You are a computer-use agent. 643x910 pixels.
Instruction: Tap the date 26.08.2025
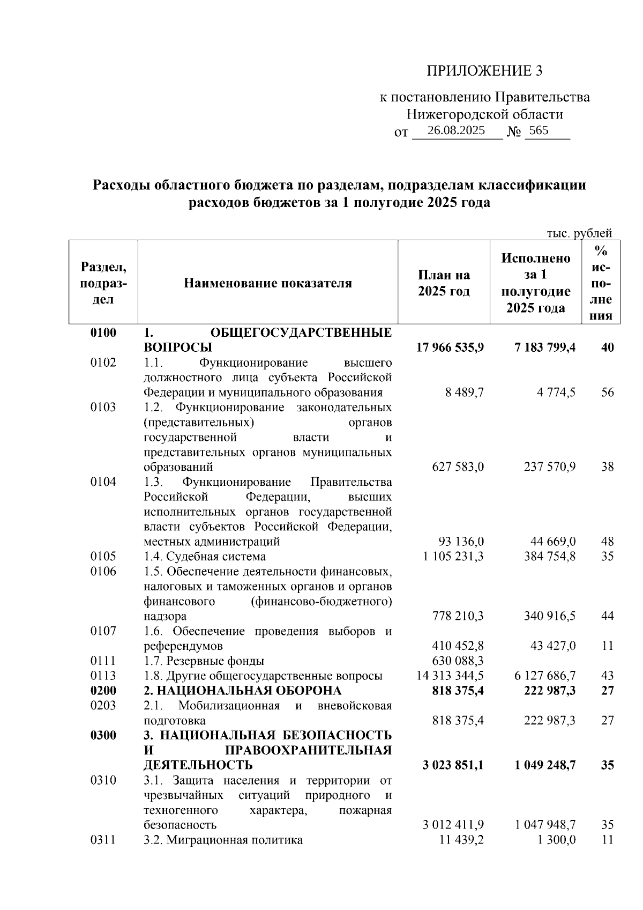tap(457, 130)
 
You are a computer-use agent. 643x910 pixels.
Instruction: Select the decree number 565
tap(539, 130)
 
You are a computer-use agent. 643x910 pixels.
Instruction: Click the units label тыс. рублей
tap(579, 233)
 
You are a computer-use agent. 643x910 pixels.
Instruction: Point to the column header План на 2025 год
tap(444, 283)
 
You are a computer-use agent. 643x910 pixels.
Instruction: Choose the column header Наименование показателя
tap(268, 283)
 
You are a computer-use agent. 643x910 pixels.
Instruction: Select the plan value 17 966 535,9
tap(450, 347)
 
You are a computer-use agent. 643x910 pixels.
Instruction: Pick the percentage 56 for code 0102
tap(607, 393)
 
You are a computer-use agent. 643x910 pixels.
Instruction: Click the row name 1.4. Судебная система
tap(205, 556)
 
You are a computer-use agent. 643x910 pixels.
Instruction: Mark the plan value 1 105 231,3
tap(453, 556)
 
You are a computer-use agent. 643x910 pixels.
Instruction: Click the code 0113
tap(103, 676)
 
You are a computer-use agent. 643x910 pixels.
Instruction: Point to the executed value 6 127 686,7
tap(545, 676)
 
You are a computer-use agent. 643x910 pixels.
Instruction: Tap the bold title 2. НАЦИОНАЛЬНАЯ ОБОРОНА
tap(242, 690)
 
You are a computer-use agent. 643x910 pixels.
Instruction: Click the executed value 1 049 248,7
tap(545, 765)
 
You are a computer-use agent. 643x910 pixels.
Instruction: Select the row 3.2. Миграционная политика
tap(223, 840)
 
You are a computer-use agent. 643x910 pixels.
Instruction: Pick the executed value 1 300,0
tap(556, 840)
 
